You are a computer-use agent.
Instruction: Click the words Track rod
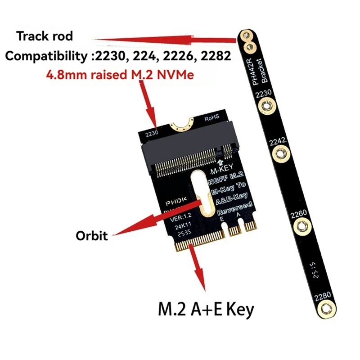pos(45,36)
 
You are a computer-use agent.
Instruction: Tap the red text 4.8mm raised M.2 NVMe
pos(120,75)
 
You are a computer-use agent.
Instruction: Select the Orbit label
pos(92,235)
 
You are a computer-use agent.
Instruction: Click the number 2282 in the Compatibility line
pos(217,56)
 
